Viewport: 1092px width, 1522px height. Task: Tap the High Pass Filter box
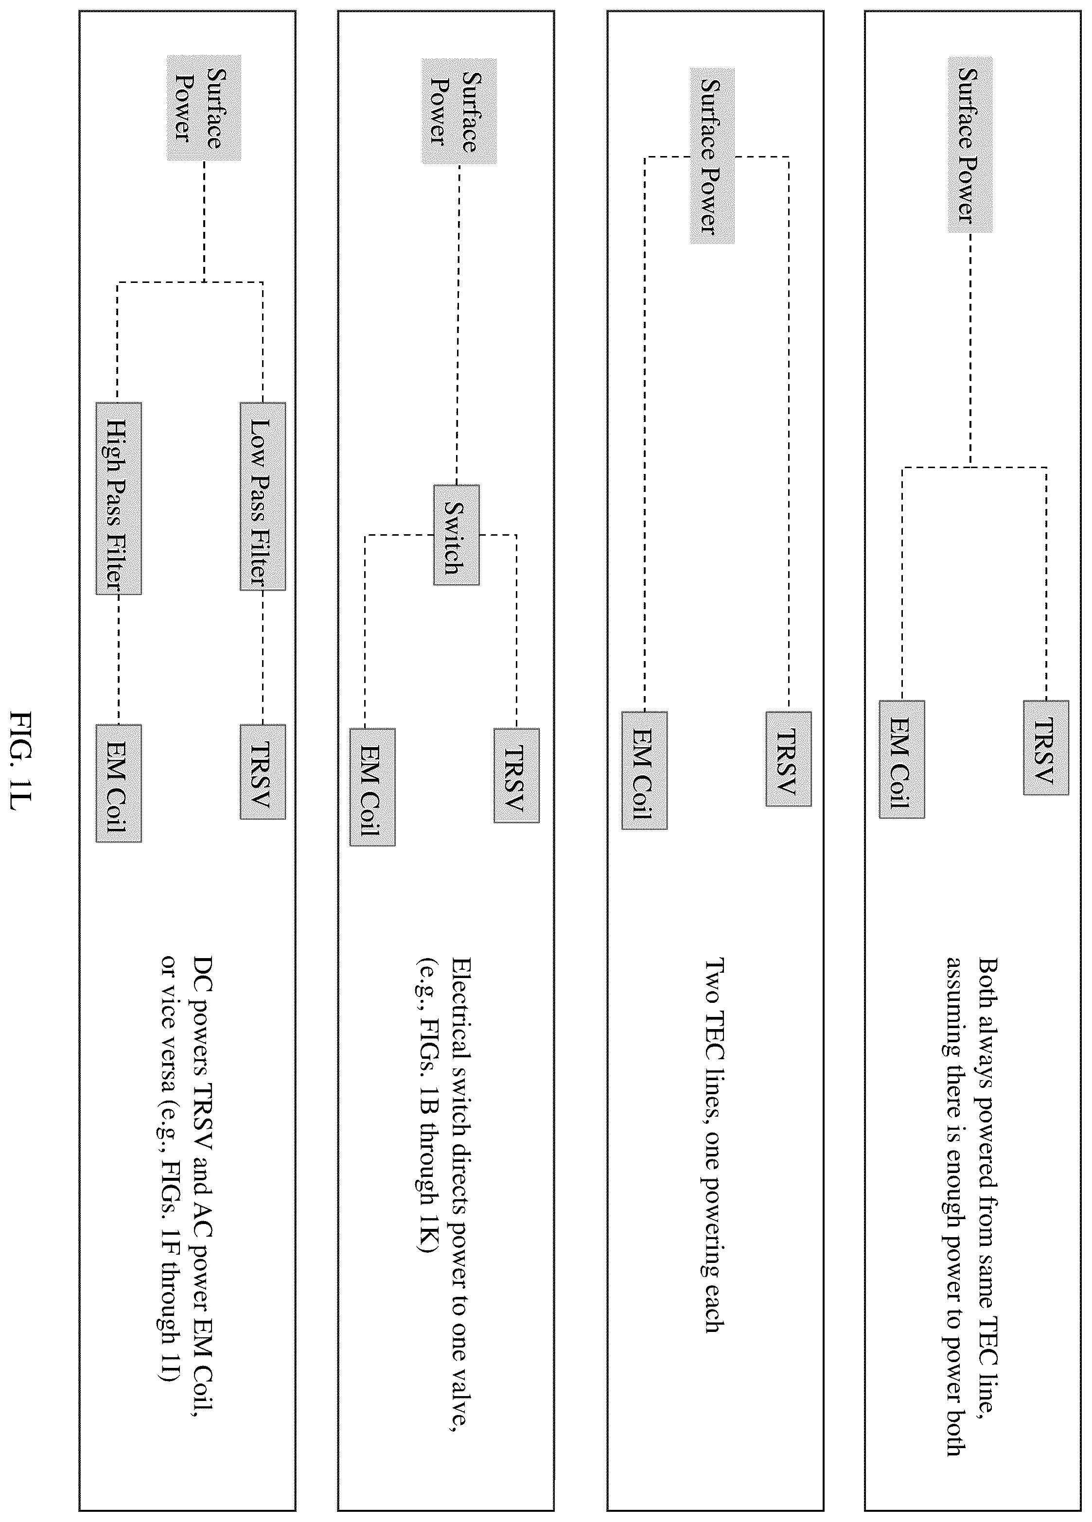coord(119,498)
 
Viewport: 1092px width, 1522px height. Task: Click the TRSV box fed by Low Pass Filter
coord(263,772)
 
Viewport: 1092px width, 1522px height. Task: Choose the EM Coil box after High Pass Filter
coord(119,783)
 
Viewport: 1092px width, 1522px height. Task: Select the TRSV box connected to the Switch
coord(516,775)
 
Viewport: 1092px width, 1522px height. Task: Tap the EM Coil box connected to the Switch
coord(372,787)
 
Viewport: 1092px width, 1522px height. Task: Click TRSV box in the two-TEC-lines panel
coord(788,758)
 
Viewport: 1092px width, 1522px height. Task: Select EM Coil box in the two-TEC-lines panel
coord(644,770)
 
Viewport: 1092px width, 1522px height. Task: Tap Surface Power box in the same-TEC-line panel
coord(970,145)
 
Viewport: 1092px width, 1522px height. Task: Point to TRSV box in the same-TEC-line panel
coord(1046,748)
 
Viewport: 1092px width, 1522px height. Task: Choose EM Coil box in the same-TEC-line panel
coord(902,759)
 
